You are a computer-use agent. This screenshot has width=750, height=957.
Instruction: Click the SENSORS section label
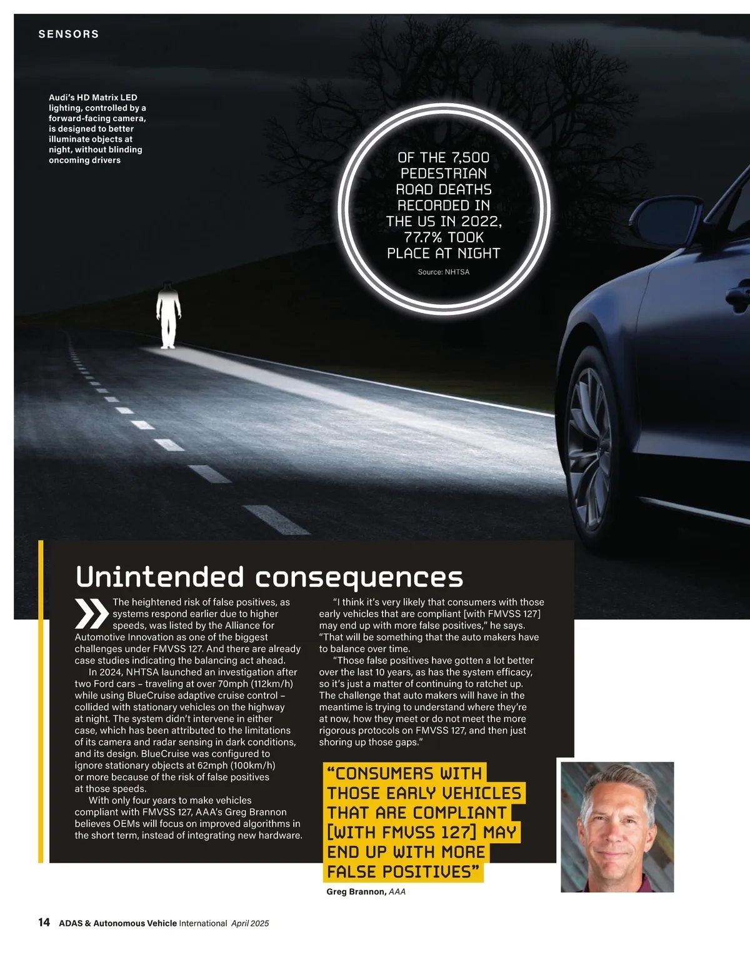[69, 34]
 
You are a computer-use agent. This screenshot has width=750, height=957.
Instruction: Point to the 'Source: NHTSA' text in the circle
[444, 272]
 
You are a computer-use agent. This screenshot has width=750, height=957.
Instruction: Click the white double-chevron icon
[91, 613]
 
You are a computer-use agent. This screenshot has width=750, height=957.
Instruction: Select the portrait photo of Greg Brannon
[617, 826]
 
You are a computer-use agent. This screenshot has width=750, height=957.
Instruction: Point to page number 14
[44, 923]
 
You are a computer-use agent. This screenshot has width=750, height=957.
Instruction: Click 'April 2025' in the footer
[250, 923]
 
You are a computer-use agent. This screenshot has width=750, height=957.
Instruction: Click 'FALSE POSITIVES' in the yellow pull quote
[403, 871]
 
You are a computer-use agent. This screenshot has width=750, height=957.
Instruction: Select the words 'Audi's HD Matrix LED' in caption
[93, 97]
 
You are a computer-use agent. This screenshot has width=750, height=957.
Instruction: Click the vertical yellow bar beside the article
[41, 700]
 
